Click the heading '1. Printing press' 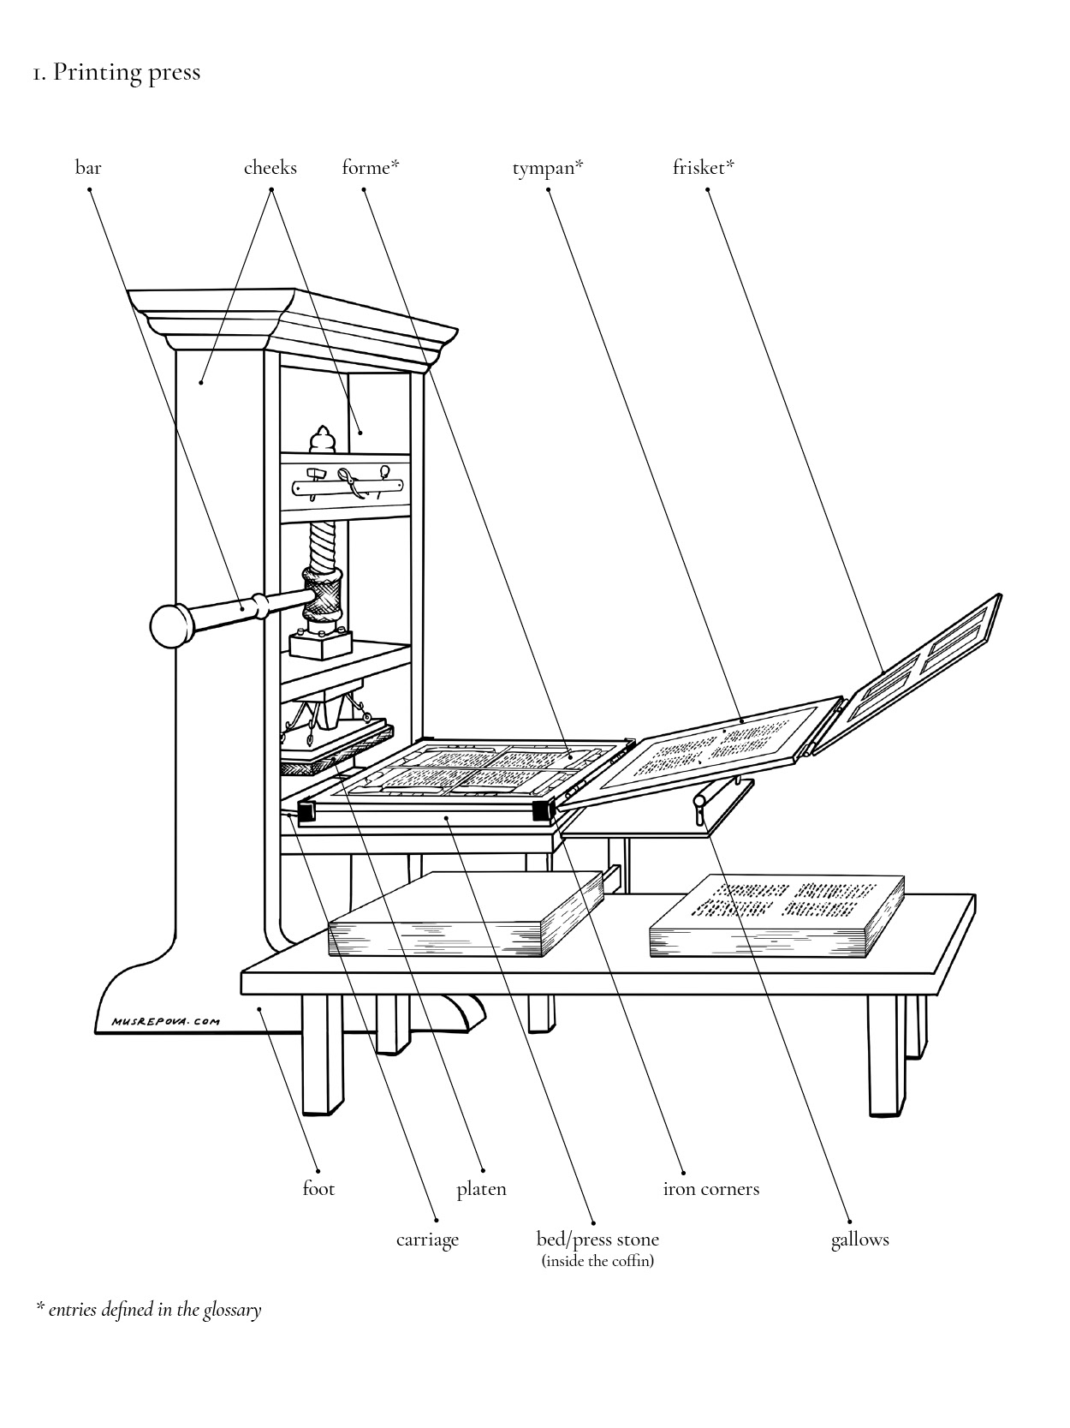(x=116, y=72)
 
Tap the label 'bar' (x=88, y=168)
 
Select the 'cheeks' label (x=270, y=168)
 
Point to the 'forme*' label (x=370, y=168)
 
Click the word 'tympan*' (x=547, y=168)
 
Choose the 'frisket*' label (x=703, y=168)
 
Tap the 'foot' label (x=318, y=1189)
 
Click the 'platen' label (x=481, y=1189)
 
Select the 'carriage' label (x=427, y=1240)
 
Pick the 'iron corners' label (x=710, y=1189)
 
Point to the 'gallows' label (x=859, y=1240)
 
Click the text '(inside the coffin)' (x=597, y=1261)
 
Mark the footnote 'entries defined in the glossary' (x=154, y=1310)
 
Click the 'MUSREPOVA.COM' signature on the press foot (x=165, y=1021)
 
